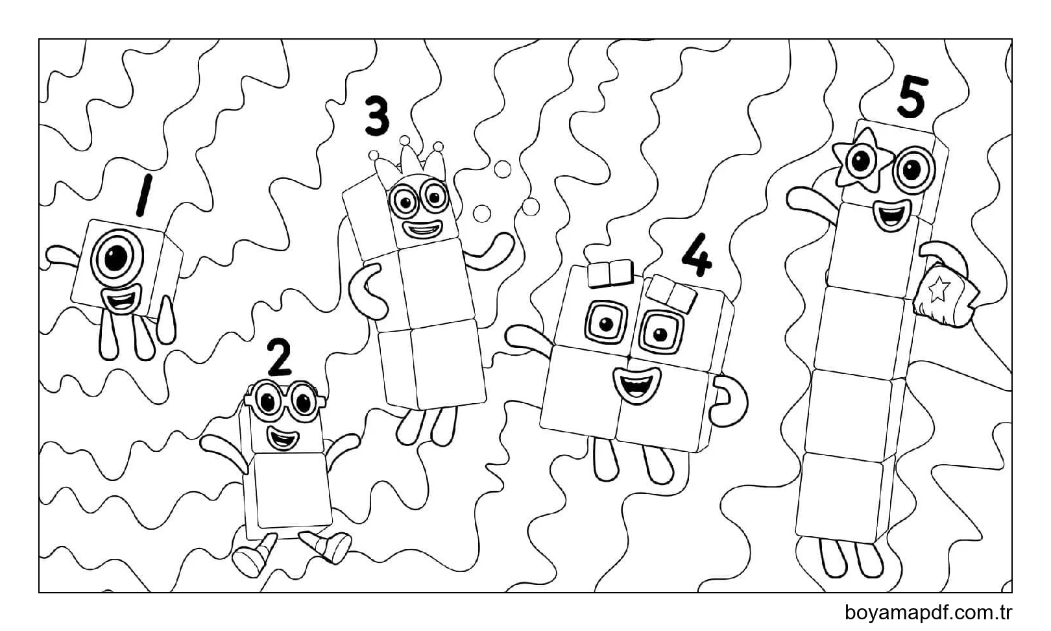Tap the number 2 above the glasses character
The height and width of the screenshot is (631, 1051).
tap(279, 357)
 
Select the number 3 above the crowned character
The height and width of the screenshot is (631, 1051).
tap(377, 116)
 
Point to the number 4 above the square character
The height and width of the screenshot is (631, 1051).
tap(697, 254)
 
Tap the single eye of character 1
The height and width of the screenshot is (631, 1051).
tap(116, 258)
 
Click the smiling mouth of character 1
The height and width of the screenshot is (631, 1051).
tap(121, 299)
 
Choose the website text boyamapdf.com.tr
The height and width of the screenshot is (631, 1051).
tap(928, 613)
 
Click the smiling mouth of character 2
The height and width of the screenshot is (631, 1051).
tap(283, 438)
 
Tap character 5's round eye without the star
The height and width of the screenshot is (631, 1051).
tap(913, 170)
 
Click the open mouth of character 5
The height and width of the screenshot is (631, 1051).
tap(893, 215)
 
